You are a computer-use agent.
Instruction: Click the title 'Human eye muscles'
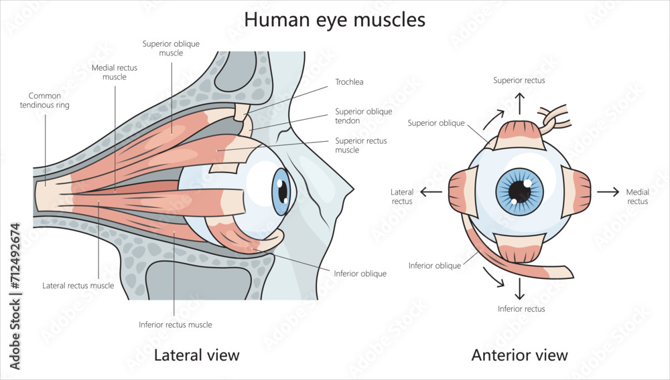pos(334,19)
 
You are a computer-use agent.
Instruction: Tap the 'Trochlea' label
pos(349,82)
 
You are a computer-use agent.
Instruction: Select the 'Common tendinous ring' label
pos(44,100)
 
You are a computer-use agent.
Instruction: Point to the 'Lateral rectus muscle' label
pos(78,286)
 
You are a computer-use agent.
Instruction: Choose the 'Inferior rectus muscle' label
pos(175,324)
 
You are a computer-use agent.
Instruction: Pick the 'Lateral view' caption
pos(196,355)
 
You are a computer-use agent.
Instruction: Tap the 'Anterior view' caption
pos(519,355)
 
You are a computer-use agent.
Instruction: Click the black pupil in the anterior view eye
pos(519,192)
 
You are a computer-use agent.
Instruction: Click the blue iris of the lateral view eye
pos(279,191)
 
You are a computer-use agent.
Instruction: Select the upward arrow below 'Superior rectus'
pos(519,102)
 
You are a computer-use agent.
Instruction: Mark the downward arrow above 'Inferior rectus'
pos(519,289)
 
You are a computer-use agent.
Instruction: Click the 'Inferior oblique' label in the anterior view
pos(435,266)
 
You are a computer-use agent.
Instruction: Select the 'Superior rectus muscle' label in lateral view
pos(360,145)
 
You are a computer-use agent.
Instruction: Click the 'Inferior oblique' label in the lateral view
pos(360,274)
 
